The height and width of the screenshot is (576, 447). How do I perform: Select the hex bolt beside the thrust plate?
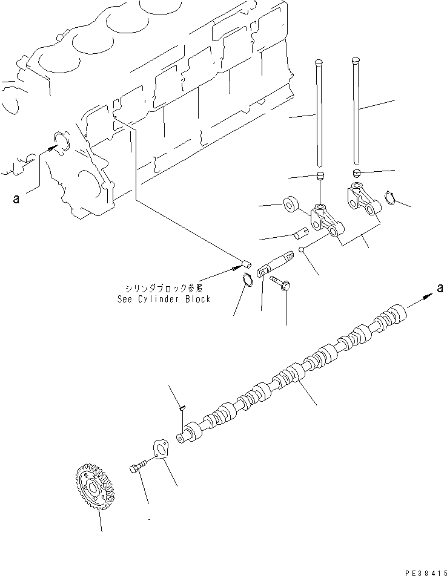[x=137, y=466]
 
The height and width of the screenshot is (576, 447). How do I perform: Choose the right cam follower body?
[x=361, y=198]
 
